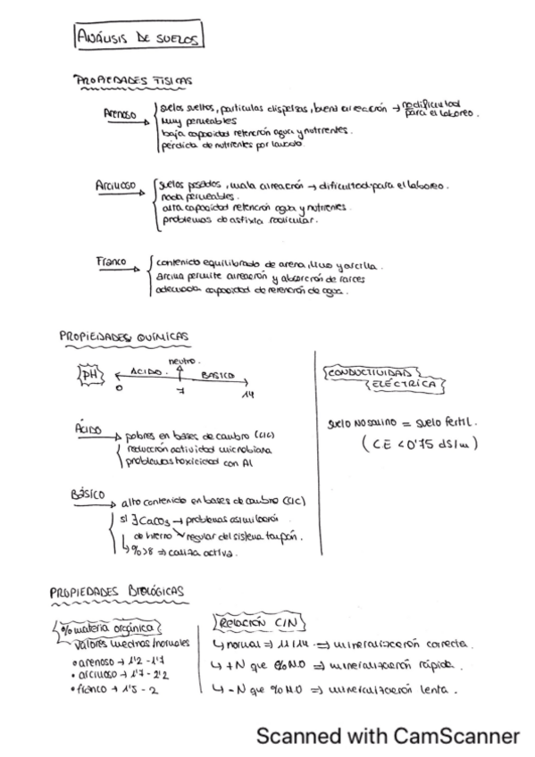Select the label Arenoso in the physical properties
(x=120, y=114)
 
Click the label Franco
(x=111, y=262)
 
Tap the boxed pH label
(x=90, y=376)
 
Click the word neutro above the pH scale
(x=181, y=360)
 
